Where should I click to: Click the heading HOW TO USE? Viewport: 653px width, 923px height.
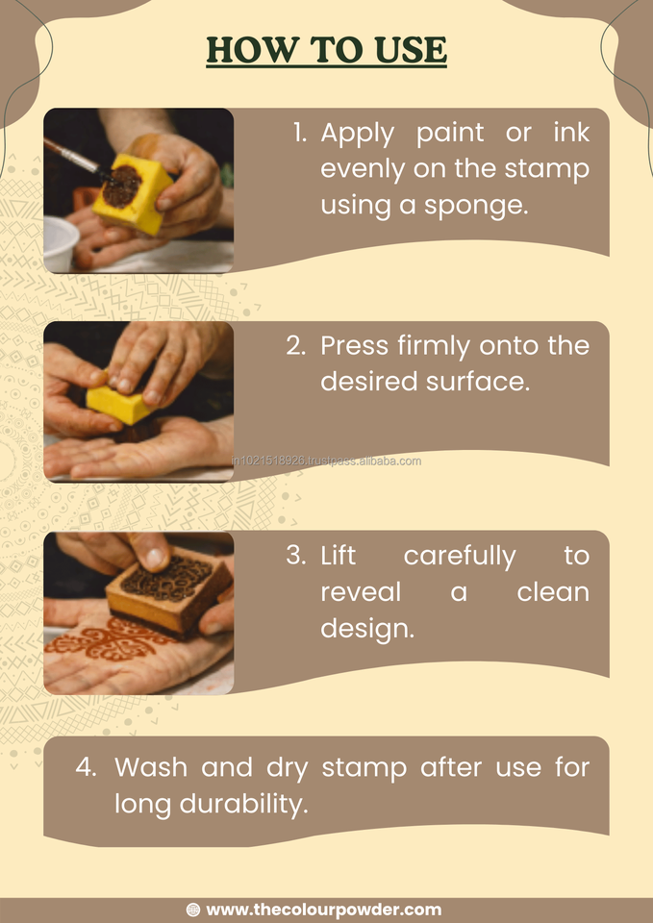point(326,50)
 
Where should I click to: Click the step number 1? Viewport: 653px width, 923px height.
point(300,134)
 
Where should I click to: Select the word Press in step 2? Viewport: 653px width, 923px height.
point(355,345)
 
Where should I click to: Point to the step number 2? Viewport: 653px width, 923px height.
point(296,345)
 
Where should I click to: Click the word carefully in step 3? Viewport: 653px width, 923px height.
point(460,557)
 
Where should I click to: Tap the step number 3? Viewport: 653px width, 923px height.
point(295,556)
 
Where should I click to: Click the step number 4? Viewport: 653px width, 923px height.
point(86,767)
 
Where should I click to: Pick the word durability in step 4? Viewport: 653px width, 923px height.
point(243,804)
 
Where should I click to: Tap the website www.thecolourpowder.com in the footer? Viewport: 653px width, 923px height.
point(324,911)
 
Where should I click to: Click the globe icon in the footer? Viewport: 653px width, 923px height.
point(193,911)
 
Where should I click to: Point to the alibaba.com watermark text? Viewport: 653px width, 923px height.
point(327,461)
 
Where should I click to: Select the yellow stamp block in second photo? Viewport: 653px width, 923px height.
point(121,405)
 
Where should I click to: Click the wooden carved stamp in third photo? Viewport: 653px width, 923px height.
point(168,593)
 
